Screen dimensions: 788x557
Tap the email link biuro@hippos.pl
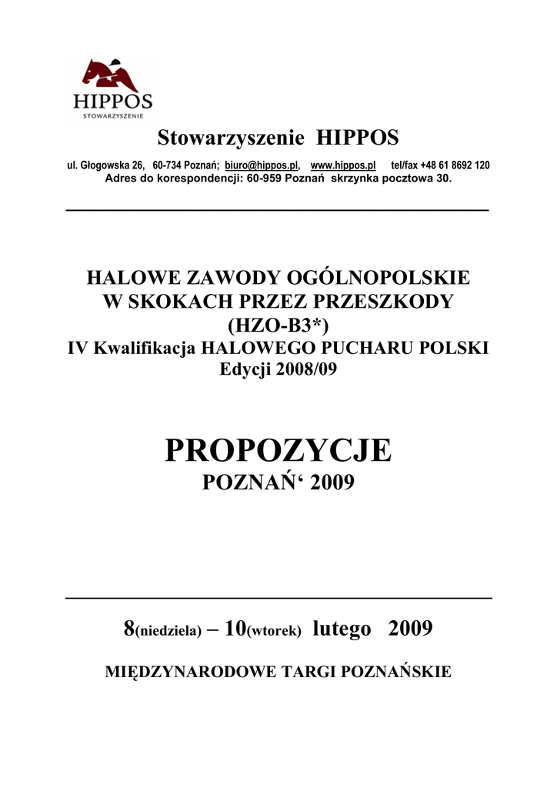point(261,165)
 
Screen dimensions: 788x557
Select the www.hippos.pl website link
point(342,165)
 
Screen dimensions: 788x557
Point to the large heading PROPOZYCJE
point(278,450)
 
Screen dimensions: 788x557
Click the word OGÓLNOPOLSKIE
point(376,278)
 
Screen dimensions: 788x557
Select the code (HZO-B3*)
point(278,324)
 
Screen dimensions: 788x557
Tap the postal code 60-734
point(168,165)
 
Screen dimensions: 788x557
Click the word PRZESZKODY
point(385,301)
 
